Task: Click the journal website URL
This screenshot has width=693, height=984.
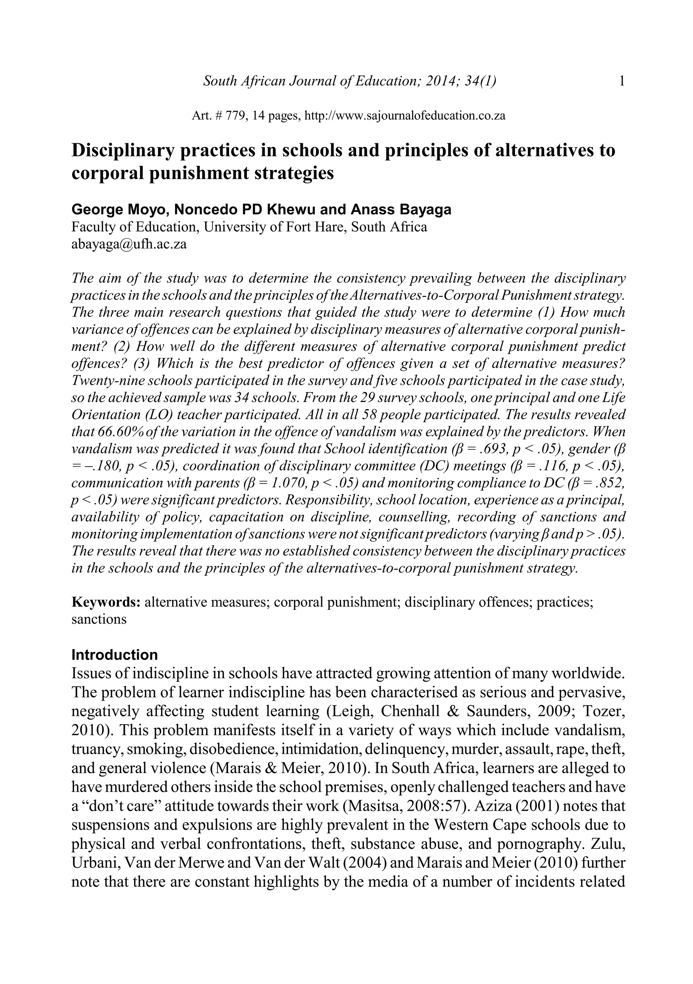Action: click(404, 116)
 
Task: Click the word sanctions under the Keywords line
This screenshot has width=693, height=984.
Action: click(99, 619)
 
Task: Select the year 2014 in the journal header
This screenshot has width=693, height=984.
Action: click(440, 81)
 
